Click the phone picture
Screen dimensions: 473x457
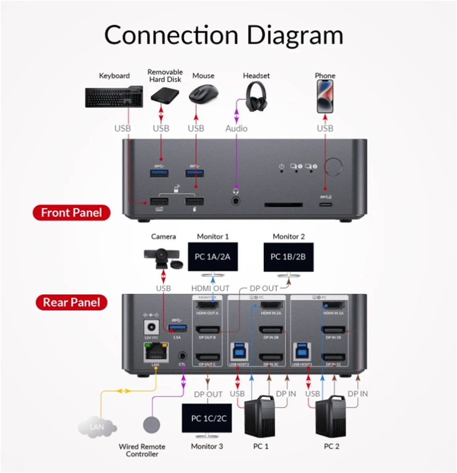(325, 96)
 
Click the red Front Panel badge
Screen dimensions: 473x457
(71, 213)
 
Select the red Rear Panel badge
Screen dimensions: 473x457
(71, 302)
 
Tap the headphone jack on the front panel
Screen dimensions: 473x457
(235, 201)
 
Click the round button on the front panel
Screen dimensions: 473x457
(335, 166)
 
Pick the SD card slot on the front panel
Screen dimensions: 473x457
(283, 206)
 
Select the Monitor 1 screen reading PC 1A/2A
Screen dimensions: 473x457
(213, 257)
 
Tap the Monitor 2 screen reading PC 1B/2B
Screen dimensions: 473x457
(289, 257)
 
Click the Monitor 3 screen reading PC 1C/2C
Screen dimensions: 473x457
(207, 418)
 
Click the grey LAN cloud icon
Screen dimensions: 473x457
(97, 427)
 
